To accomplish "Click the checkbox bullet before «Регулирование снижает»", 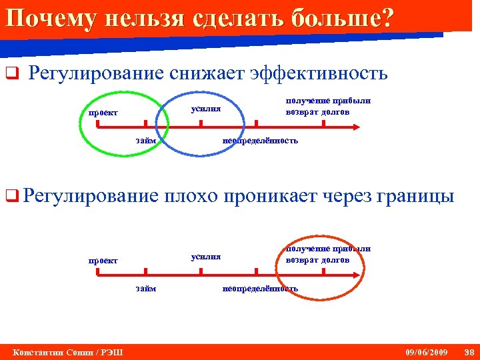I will (x=10, y=74).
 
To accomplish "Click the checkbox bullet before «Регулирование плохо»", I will (x=10, y=197).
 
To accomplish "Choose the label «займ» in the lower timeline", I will (x=146, y=289).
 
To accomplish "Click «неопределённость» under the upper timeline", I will (x=260, y=141).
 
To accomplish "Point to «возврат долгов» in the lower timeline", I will (x=317, y=259).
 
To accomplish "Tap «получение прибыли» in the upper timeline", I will (x=328, y=101).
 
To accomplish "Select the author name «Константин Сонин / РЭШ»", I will (x=63, y=351).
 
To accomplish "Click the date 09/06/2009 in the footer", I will (x=427, y=351).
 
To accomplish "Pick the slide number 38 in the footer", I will (x=469, y=351).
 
